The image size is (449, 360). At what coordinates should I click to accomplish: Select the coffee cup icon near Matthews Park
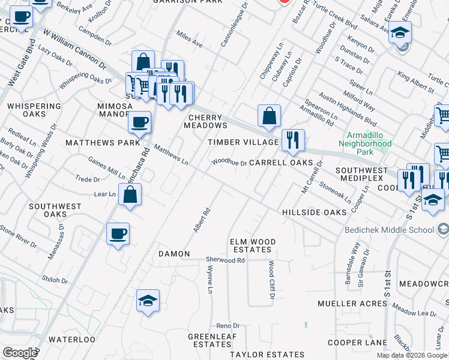tap(140, 122)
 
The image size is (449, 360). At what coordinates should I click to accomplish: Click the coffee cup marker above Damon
tap(118, 233)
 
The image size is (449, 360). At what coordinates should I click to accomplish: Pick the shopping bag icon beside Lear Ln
tap(130, 194)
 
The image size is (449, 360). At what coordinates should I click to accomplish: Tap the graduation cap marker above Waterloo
tap(148, 301)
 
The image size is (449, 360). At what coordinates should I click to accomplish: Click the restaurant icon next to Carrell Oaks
tap(292, 140)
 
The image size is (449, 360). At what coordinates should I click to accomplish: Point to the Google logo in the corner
tap(19, 352)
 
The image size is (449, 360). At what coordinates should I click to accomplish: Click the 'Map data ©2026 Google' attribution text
tap(412, 355)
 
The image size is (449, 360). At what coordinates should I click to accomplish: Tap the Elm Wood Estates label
tap(253, 246)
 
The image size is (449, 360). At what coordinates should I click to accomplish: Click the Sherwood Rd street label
tap(225, 260)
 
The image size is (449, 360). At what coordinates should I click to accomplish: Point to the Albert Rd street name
tap(206, 220)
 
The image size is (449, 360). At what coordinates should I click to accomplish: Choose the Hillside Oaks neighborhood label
tap(314, 212)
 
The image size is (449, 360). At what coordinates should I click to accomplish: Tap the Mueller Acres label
tap(360, 304)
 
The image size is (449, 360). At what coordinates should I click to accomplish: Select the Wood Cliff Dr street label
tap(271, 280)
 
